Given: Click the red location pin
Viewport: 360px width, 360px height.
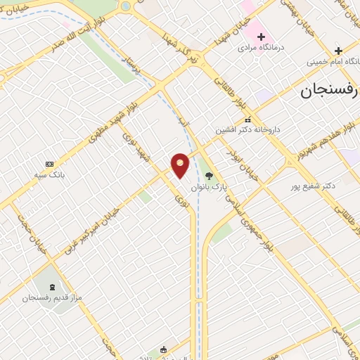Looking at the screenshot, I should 181,165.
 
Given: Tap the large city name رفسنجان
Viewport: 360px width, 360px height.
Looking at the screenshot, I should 329,91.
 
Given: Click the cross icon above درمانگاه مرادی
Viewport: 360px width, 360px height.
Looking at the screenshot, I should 259,36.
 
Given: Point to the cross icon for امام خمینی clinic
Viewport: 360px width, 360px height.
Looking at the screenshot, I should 338,51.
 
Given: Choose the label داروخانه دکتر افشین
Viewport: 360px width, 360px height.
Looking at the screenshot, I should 247,130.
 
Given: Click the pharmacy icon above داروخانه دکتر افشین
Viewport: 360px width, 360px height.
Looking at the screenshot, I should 247,119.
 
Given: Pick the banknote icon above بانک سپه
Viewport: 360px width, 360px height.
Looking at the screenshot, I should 49,163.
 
